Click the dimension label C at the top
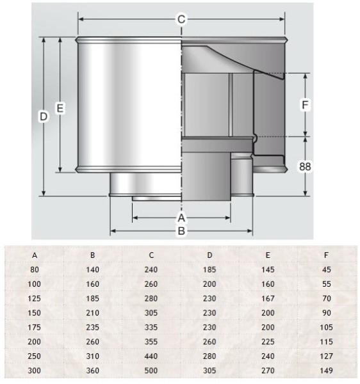pos(181,19)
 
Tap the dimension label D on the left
pos(44,116)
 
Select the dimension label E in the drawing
pos(60,108)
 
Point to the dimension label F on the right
pos(305,105)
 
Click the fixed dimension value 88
pos(305,166)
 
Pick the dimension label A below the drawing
pos(181,218)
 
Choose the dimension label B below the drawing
pos(181,230)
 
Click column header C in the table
pos(151,255)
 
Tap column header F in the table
pos(326,255)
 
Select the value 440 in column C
pos(151,356)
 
